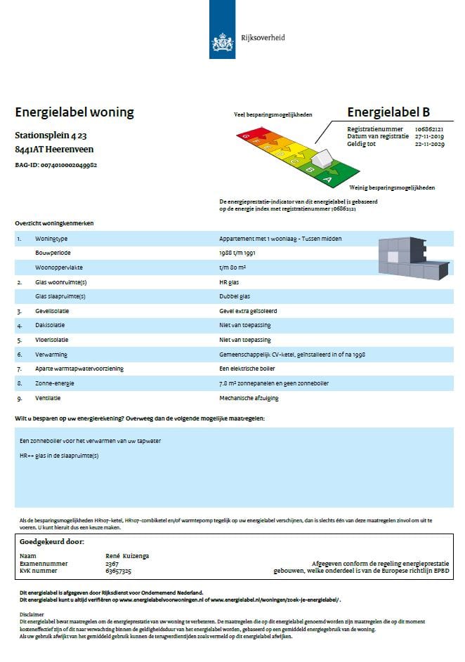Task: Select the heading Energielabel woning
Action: click(x=74, y=112)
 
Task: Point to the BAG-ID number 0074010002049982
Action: click(x=69, y=165)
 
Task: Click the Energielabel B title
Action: click(x=388, y=112)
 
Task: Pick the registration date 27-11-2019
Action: click(x=429, y=136)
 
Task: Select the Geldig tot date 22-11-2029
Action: click(x=429, y=143)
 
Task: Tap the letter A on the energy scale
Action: click(x=326, y=180)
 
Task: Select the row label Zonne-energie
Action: click(x=55, y=383)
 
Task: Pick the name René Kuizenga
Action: click(x=127, y=556)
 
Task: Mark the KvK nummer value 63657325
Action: click(x=119, y=570)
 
